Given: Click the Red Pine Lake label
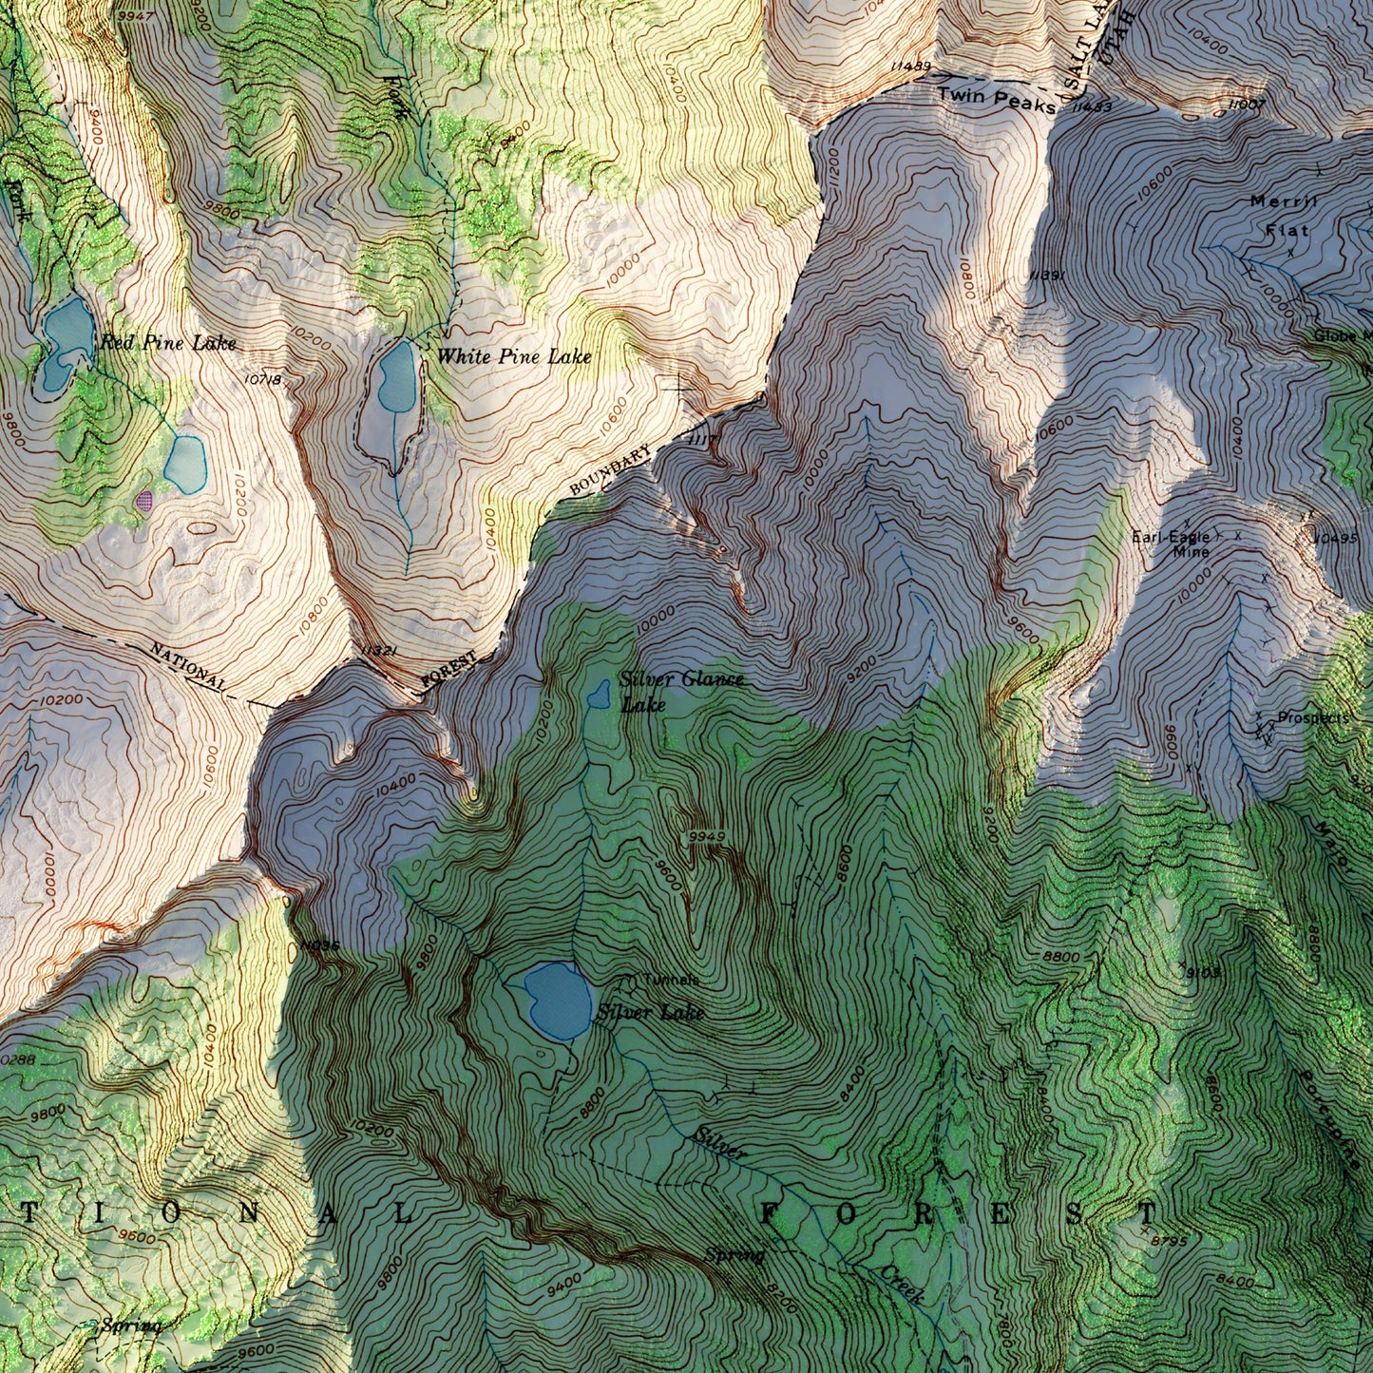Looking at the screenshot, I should point(167,343).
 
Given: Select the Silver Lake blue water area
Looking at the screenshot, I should point(558,1000).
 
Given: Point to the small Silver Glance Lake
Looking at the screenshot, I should point(600,695).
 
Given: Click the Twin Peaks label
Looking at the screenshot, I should point(996,97).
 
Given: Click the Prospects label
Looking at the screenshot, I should point(1312,718).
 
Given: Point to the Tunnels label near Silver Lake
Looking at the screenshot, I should point(671,980).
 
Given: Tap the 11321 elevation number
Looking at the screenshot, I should point(377,652).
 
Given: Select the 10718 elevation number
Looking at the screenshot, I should point(262,380).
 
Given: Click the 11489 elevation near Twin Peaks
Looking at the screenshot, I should point(910,66).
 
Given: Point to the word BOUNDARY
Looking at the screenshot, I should point(610,471).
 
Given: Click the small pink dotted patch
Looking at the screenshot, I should point(144,500).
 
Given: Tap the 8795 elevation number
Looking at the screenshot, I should point(1168,1240).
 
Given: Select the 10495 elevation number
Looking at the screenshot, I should point(1336,538).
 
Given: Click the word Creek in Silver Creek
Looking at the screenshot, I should point(902,1283).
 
